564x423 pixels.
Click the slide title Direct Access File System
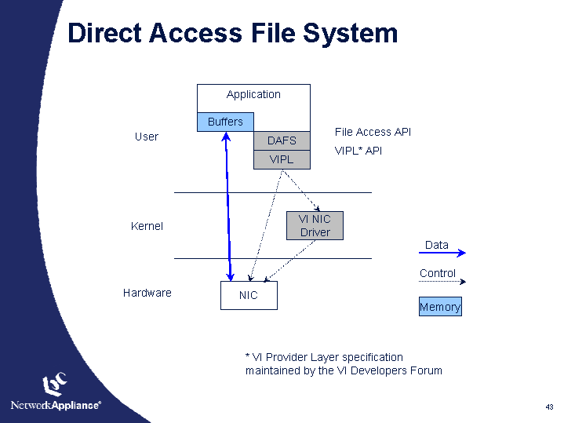pyautogui.click(x=232, y=33)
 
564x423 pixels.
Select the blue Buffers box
pyautogui.click(x=225, y=122)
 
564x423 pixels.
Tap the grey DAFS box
pyautogui.click(x=282, y=140)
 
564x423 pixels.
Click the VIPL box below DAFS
pyautogui.click(x=282, y=159)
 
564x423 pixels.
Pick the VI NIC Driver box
pyautogui.click(x=315, y=226)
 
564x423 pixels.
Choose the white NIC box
pyautogui.click(x=248, y=295)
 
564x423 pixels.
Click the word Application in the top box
pyautogui.click(x=253, y=94)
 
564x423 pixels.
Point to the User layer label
pyautogui.click(x=146, y=137)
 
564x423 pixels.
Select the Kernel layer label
pyautogui.click(x=147, y=226)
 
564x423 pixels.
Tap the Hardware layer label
pyautogui.click(x=147, y=293)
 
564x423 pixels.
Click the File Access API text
pyautogui.click(x=373, y=132)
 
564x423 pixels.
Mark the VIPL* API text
pyautogui.click(x=358, y=150)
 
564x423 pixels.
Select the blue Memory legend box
pyautogui.click(x=440, y=307)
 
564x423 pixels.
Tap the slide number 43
pyautogui.click(x=549, y=407)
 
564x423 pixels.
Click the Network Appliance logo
pyautogui.click(x=56, y=392)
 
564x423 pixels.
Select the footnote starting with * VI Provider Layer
pyautogui.click(x=344, y=363)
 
